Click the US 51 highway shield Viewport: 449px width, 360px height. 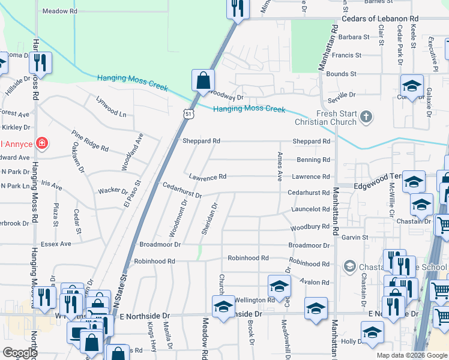[x=188, y=113]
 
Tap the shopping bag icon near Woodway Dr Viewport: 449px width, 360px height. [x=203, y=80]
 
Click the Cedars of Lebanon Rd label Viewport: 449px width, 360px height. [x=379, y=19]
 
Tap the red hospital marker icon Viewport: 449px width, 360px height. [x=41, y=143]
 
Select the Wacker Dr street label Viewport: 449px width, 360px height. [x=112, y=191]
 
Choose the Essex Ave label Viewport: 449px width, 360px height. [x=56, y=244]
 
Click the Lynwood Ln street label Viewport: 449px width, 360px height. [x=111, y=107]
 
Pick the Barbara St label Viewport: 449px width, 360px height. [x=354, y=37]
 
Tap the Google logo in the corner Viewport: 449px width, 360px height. [x=20, y=353]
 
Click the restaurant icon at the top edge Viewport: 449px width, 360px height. [x=237, y=8]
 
